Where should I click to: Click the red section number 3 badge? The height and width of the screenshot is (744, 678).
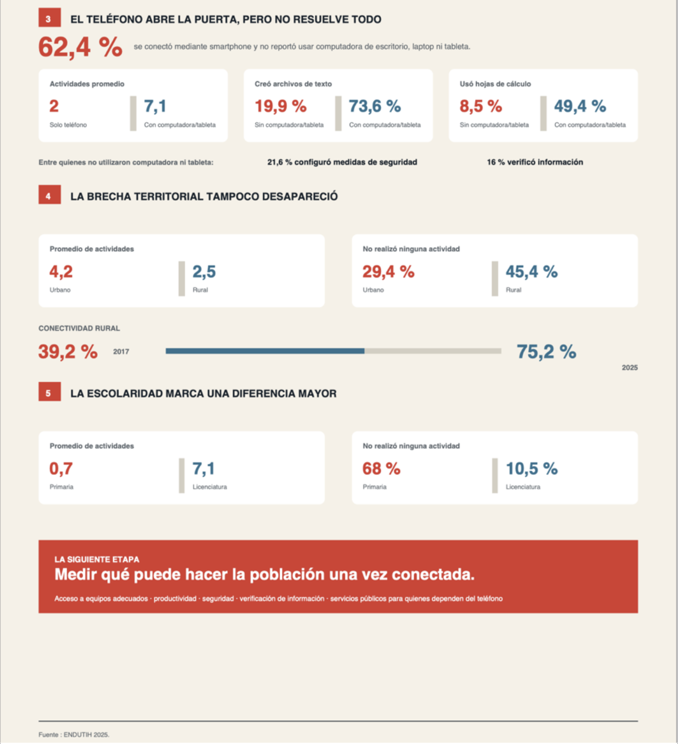[x=49, y=18]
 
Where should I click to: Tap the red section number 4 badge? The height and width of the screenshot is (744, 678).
[x=49, y=195]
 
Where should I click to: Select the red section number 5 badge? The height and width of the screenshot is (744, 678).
[x=49, y=392]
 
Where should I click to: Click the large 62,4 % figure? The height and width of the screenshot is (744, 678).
[x=80, y=47]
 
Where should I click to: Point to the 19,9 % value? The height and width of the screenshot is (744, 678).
[x=281, y=106]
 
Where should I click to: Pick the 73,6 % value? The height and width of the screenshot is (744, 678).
[x=375, y=106]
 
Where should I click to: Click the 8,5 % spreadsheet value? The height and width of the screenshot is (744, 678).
[x=480, y=106]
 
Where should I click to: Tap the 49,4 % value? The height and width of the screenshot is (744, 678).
[x=580, y=106]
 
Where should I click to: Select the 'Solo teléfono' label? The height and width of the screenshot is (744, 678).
[x=68, y=125]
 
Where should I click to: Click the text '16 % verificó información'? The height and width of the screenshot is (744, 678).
[x=535, y=162]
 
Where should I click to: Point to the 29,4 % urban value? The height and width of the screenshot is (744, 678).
[x=388, y=272]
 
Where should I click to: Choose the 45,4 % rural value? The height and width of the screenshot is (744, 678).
[x=531, y=272]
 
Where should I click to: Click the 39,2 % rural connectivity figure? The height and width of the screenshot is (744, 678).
[x=68, y=352]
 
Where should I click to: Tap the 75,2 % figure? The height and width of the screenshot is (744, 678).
[x=546, y=352]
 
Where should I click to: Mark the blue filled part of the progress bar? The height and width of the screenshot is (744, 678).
[x=265, y=351]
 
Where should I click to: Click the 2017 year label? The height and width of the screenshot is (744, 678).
[x=121, y=352]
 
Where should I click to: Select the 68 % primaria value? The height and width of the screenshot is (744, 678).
[x=381, y=469]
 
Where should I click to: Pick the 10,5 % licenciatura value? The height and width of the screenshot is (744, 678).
[x=531, y=469]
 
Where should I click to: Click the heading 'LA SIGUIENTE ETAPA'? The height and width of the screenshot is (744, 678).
[x=97, y=559]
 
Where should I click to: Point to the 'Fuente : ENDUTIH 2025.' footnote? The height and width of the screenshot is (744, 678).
[x=74, y=735]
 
